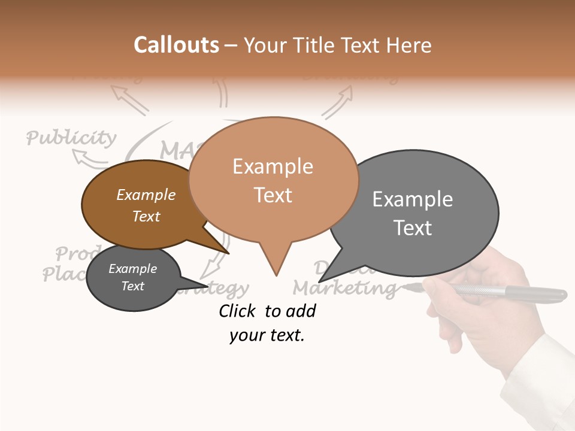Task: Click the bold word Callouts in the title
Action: (176, 45)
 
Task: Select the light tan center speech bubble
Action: (273, 180)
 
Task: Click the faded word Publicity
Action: (71, 138)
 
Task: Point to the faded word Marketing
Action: (344, 288)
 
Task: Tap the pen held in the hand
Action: (509, 292)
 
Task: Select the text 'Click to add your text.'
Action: (267, 323)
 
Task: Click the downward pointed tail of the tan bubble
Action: (276, 263)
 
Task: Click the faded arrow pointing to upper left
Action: (129, 99)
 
